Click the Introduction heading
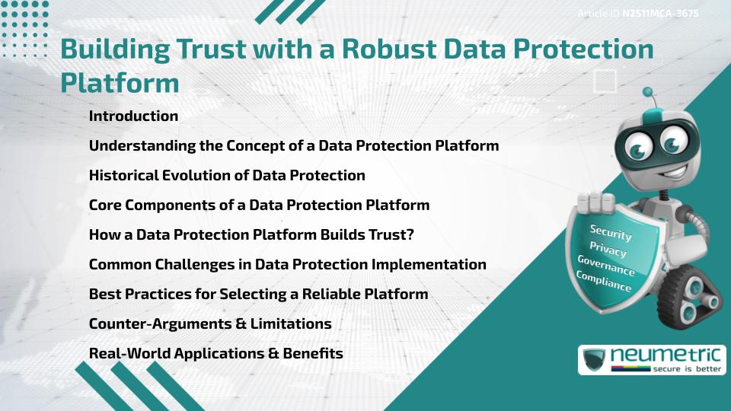tap(133, 116)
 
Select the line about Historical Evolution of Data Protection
tap(227, 175)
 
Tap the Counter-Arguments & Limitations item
tap(210, 323)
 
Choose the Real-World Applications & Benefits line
tap(216, 354)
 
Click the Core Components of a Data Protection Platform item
tap(259, 205)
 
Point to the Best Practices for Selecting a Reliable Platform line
tap(258, 294)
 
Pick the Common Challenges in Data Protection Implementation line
tap(287, 264)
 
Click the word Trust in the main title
tap(248, 49)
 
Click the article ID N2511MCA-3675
tap(660, 14)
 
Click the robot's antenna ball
tap(648, 93)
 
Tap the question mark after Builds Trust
tap(409, 235)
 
